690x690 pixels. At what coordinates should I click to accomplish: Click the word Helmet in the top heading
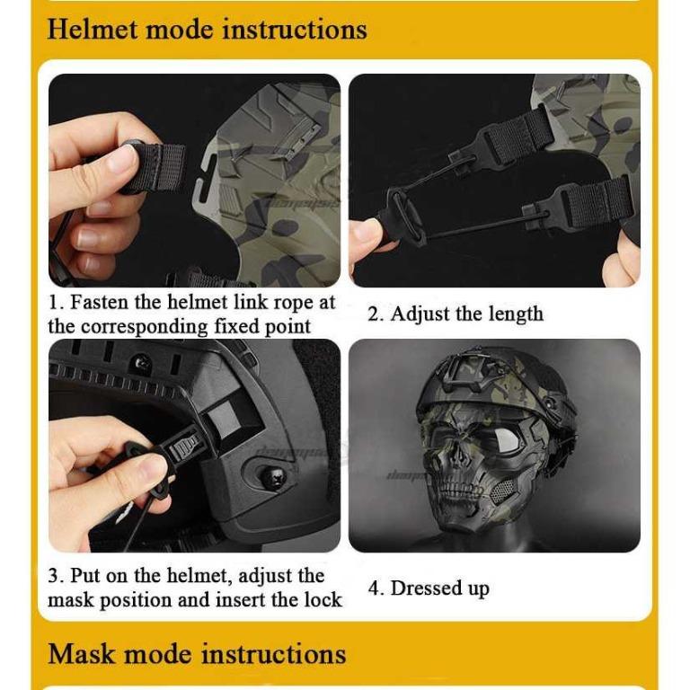(x=93, y=30)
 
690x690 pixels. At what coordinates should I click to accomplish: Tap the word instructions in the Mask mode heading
(x=274, y=654)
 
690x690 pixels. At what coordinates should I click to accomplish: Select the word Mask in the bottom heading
(x=82, y=654)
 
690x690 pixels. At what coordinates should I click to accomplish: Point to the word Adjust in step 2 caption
(x=420, y=315)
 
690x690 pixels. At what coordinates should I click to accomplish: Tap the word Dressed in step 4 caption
(x=426, y=588)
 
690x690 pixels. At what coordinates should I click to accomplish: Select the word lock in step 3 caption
(x=323, y=600)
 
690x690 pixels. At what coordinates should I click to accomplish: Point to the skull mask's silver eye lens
(x=505, y=441)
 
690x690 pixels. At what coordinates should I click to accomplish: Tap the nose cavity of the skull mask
(x=463, y=456)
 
